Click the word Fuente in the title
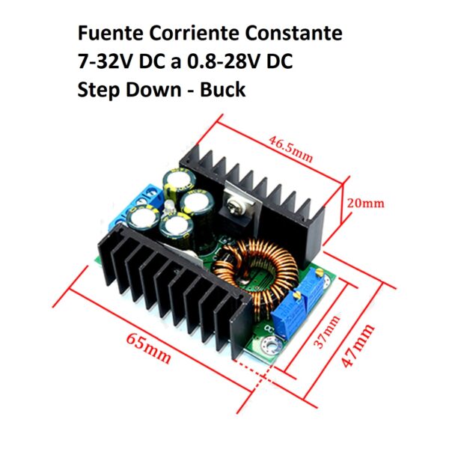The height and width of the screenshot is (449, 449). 110,33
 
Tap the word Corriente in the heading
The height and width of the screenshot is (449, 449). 194,33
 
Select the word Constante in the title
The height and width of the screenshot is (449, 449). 293,33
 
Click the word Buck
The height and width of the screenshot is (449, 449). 222,90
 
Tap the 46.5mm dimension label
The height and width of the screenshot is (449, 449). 290,150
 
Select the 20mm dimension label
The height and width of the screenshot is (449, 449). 366,204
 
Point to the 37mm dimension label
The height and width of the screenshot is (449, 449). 327,332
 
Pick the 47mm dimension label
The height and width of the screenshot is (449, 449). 358,345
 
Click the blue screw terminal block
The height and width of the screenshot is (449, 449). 137,207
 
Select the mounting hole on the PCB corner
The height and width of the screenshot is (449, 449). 270,344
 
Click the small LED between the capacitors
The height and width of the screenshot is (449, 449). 169,207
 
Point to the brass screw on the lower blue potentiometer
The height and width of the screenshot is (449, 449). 298,294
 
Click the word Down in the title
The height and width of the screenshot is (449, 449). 153,90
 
